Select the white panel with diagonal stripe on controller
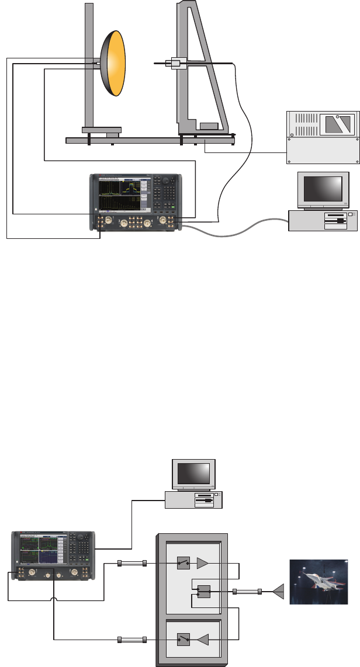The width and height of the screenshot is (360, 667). [x=338, y=123]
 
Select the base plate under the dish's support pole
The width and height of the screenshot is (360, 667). [x=101, y=129]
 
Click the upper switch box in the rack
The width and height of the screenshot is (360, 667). [x=184, y=563]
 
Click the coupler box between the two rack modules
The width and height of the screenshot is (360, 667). [x=204, y=592]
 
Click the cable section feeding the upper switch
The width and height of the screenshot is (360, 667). [x=131, y=563]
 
